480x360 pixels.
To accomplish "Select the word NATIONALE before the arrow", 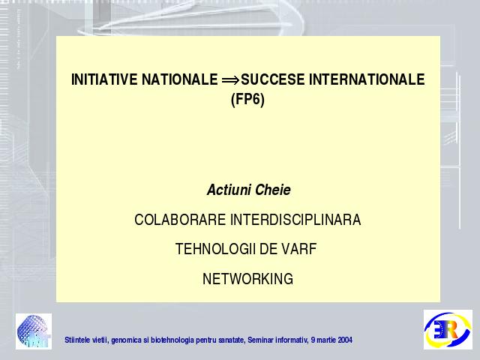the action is tap(180, 79).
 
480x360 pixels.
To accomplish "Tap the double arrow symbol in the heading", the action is tap(230, 80).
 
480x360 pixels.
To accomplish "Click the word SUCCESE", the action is tap(273, 79).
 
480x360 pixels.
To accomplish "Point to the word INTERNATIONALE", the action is tap(367, 79).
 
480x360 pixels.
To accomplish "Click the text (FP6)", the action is tap(247, 100).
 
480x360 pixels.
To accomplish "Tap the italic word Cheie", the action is tap(273, 190).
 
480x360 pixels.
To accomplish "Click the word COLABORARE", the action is tap(180, 220).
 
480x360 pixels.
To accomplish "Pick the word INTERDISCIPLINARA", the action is tap(295, 220).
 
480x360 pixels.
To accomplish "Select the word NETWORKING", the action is tap(247, 279).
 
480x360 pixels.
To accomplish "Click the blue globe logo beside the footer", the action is tap(34, 331).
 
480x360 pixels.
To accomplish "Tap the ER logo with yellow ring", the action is tap(448, 329).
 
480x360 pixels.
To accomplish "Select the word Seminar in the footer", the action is tap(261, 340).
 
